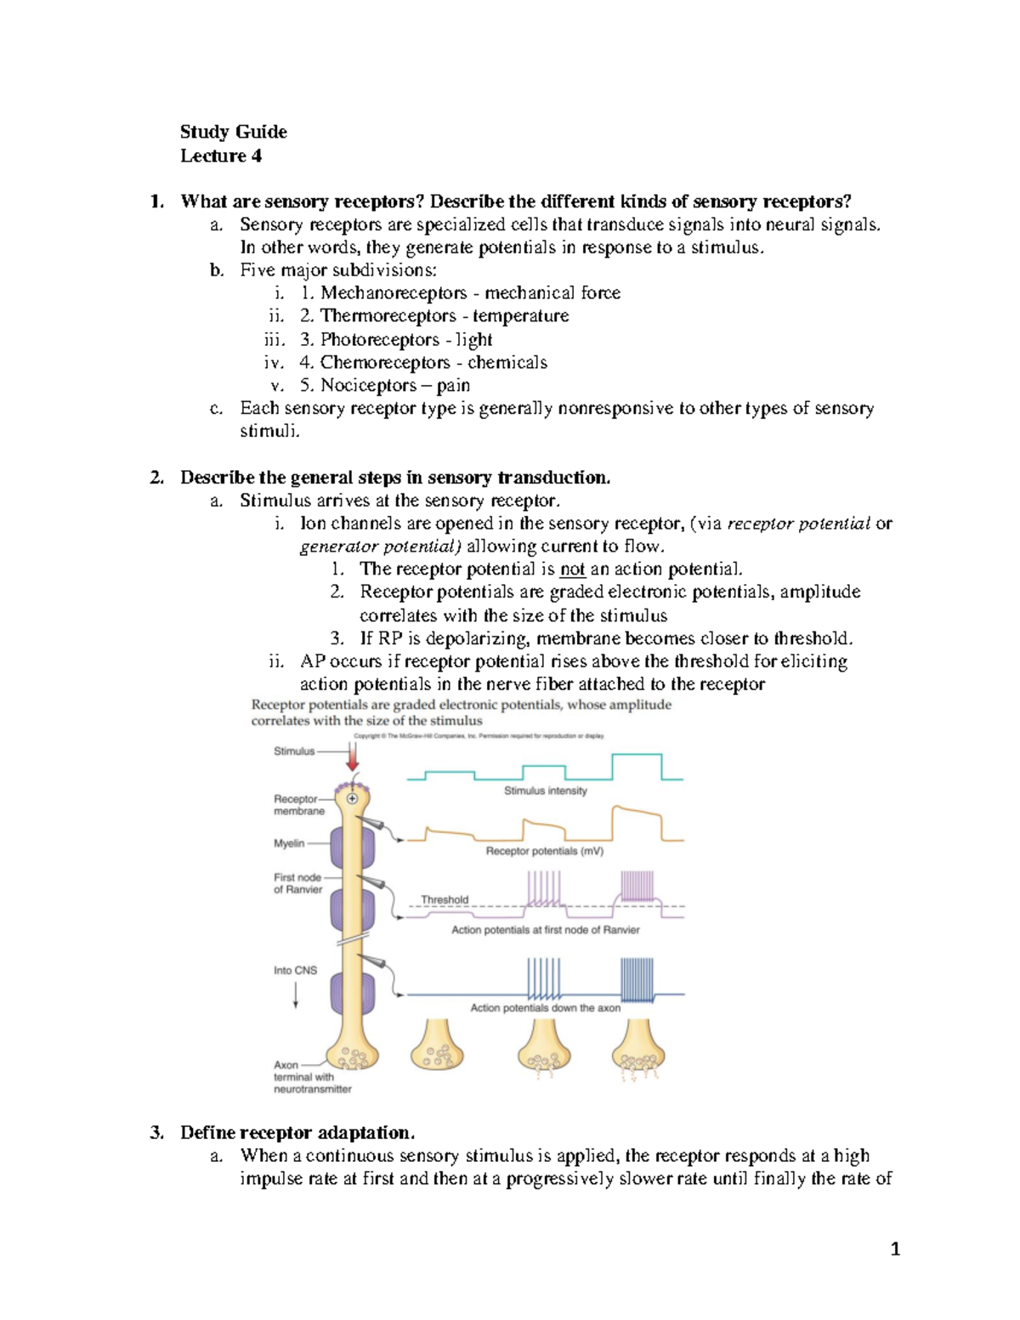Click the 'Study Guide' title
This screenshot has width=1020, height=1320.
pyautogui.click(x=233, y=132)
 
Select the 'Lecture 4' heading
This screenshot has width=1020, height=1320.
pyautogui.click(x=220, y=156)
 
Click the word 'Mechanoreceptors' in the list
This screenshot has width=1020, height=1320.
pyautogui.click(x=394, y=293)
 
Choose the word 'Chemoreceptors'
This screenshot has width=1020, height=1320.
pyautogui.click(x=384, y=362)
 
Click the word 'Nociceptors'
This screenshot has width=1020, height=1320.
pyautogui.click(x=368, y=385)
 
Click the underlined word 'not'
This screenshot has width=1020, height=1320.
pyautogui.click(x=572, y=569)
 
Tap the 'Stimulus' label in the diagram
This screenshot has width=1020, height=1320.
pyautogui.click(x=294, y=751)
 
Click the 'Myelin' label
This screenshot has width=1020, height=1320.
pyautogui.click(x=289, y=843)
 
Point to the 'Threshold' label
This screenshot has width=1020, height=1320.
pyautogui.click(x=445, y=899)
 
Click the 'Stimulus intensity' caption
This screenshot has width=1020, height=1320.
pyautogui.click(x=545, y=790)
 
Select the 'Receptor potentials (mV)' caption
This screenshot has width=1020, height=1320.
pyautogui.click(x=544, y=851)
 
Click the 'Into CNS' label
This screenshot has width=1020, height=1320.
pyautogui.click(x=295, y=970)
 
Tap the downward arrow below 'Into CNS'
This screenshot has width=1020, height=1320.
pyautogui.click(x=296, y=995)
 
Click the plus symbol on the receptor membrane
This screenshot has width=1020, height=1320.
pyautogui.click(x=352, y=798)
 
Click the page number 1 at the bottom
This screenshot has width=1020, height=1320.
pyautogui.click(x=895, y=1249)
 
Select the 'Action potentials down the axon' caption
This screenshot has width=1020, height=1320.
pyautogui.click(x=545, y=1008)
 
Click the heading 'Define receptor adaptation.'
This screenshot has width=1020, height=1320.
pyautogui.click(x=297, y=1133)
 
